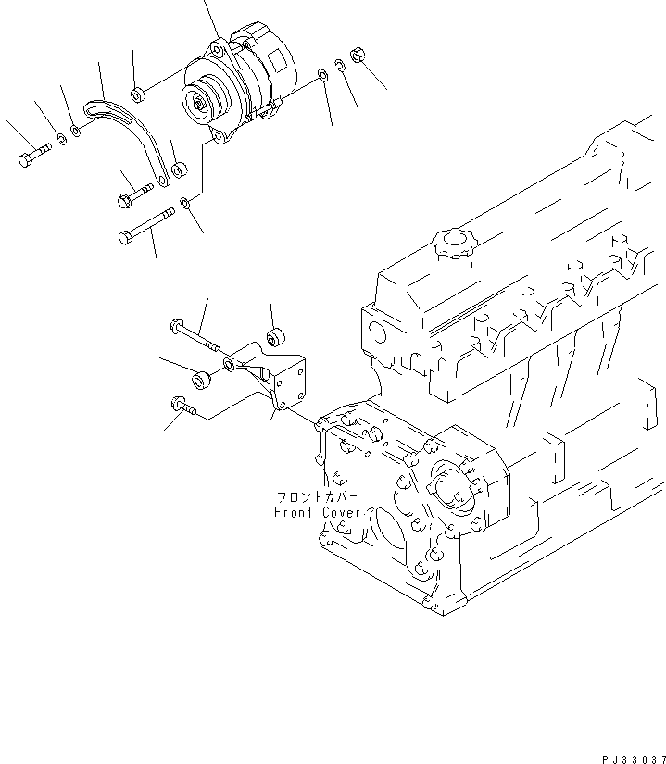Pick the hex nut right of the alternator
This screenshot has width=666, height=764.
[x=359, y=56]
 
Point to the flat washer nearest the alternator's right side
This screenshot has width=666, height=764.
[x=320, y=74]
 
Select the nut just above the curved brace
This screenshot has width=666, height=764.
[x=136, y=94]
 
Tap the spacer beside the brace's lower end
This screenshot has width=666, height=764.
[x=181, y=169]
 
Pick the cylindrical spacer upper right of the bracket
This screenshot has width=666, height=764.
[x=274, y=334]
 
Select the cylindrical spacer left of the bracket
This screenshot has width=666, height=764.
[x=197, y=381]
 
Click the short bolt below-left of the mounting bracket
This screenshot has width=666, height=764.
[x=182, y=405]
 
